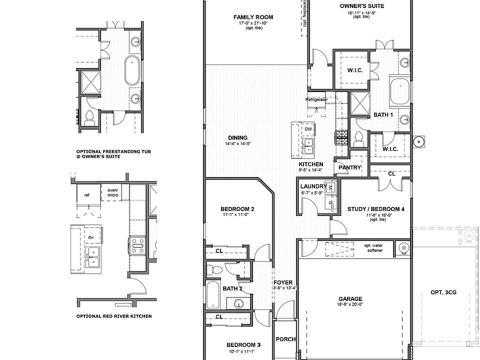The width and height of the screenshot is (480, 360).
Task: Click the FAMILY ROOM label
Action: coord(253,17)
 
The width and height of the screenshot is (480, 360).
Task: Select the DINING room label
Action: coord(237,138)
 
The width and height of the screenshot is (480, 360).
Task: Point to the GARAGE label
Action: coord(350,299)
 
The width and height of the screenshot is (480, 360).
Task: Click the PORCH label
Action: coord(285,339)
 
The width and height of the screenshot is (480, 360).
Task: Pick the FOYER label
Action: coord(282,282)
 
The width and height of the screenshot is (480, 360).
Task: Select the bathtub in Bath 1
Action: coord(399,90)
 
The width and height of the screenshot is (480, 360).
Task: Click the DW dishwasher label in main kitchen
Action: coord(308,129)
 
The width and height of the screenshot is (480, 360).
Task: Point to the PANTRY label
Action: coord(349,167)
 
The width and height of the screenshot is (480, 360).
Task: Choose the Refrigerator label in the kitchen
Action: coord(316,99)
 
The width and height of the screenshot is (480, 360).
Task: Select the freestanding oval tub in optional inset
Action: coord(132,70)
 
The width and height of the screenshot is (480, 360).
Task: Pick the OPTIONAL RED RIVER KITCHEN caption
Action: coord(113,316)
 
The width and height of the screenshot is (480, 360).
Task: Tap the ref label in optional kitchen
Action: coord(86,195)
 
